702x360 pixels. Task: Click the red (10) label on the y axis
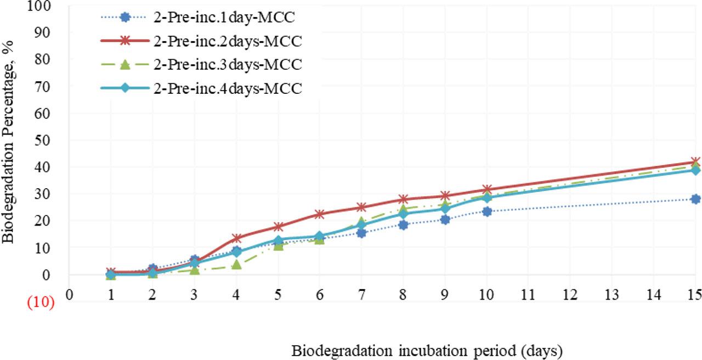(41, 302)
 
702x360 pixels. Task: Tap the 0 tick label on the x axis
(69, 294)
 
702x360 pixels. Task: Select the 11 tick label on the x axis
(528, 294)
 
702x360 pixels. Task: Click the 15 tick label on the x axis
(695, 294)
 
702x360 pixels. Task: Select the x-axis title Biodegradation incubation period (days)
(427, 350)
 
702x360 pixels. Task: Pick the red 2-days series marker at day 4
(236, 238)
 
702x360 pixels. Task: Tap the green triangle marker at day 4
(236, 265)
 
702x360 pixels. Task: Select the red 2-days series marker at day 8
(403, 199)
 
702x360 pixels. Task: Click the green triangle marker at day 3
(195, 269)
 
